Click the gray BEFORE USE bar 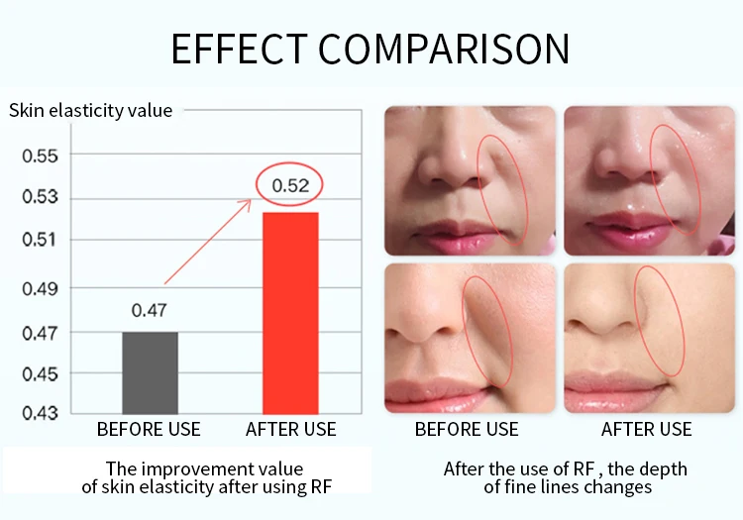[x=149, y=372]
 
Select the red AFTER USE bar [x=290, y=313]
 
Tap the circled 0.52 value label [x=291, y=185]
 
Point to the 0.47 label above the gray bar [x=149, y=310]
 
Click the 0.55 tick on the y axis [x=41, y=156]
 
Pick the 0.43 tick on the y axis [x=41, y=411]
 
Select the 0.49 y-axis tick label [x=41, y=288]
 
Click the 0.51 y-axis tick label [x=41, y=240]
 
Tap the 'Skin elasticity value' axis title [x=90, y=110]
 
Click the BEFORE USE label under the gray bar [x=149, y=429]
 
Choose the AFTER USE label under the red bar [x=290, y=429]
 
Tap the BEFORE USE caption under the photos [x=467, y=429]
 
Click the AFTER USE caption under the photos [x=646, y=429]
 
